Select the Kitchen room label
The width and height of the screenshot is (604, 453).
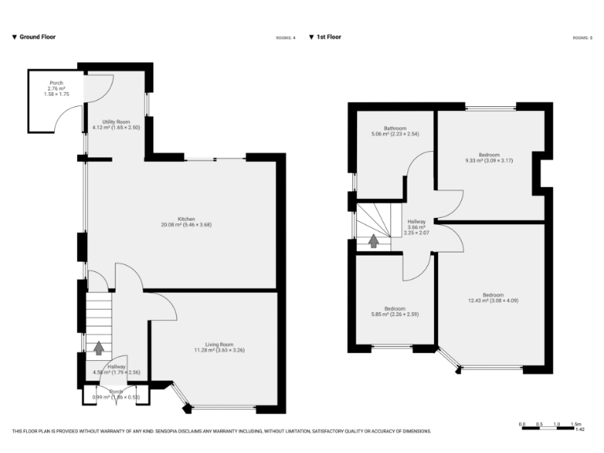coord(186,219)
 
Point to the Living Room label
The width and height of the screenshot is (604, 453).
coord(219,344)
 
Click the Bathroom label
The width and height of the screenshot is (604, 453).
coord(395,128)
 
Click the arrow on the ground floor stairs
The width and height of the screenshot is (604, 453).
coord(99,347)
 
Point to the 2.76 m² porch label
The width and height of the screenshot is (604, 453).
coord(57,88)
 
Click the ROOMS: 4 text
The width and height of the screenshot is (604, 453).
coord(285,38)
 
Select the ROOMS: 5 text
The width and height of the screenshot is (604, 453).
coord(582,38)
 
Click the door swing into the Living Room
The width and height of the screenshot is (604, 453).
coord(161,307)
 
